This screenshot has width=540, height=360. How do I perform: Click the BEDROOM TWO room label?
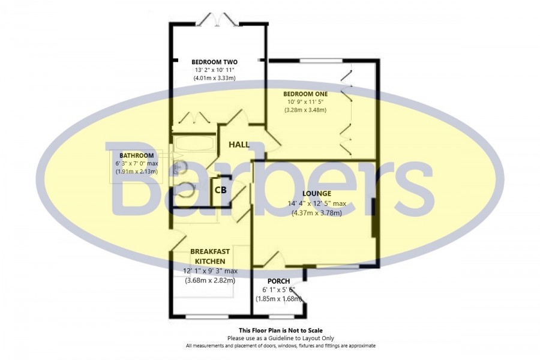214,62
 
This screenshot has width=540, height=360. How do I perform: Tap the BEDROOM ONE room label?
305,94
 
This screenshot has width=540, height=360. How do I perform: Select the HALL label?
239,145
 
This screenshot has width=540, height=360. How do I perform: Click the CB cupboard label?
220,190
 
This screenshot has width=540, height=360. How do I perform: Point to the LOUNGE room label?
317,194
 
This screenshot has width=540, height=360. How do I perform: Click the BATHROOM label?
137,156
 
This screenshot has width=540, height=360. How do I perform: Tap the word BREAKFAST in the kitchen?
210,251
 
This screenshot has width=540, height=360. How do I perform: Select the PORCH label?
278,281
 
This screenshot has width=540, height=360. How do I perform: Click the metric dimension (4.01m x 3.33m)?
215,78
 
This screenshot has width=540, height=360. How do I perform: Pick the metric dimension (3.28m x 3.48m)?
305,110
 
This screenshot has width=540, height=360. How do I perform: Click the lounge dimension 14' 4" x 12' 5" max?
317,203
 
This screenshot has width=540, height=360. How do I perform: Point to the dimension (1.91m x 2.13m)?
137,171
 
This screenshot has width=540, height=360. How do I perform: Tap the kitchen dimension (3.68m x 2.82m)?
210,280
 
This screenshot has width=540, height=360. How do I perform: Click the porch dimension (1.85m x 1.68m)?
278,299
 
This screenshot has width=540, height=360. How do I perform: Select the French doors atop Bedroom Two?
217,19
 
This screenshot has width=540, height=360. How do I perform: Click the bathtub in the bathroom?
194,143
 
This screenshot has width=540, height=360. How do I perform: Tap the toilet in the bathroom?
184,189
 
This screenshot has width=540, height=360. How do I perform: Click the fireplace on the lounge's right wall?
374,218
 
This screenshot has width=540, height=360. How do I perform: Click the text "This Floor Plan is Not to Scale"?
281,331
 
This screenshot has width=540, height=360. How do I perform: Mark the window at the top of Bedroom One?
321,61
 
